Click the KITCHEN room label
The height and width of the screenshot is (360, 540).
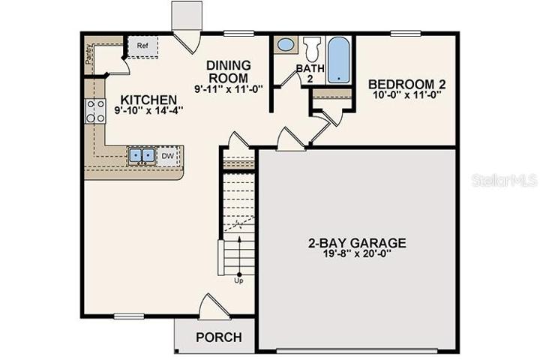(148, 100)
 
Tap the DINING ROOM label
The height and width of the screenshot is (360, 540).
(228, 72)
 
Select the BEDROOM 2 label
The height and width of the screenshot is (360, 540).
(406, 84)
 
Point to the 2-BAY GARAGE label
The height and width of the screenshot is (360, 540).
(357, 243)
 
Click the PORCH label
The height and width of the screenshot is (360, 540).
(219, 337)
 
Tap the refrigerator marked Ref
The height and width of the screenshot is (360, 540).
(143, 46)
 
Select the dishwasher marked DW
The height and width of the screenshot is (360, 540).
(168, 156)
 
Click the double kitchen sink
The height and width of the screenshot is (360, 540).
(142, 155)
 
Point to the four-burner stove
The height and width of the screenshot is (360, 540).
(95, 110)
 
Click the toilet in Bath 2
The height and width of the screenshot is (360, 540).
(312, 49)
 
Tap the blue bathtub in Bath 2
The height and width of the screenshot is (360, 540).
(338, 59)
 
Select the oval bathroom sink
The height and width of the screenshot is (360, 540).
(286, 45)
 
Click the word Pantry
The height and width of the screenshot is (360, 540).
(88, 54)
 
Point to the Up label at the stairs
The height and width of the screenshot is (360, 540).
(238, 280)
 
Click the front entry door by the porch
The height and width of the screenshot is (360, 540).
(214, 306)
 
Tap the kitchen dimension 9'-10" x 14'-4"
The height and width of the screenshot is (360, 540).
(148, 110)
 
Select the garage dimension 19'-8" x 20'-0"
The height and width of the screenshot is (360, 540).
(357, 254)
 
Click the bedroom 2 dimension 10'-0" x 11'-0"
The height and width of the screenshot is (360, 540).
(406, 94)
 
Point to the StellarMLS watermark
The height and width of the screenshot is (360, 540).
(504, 180)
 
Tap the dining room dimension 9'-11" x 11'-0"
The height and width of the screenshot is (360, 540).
(228, 88)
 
